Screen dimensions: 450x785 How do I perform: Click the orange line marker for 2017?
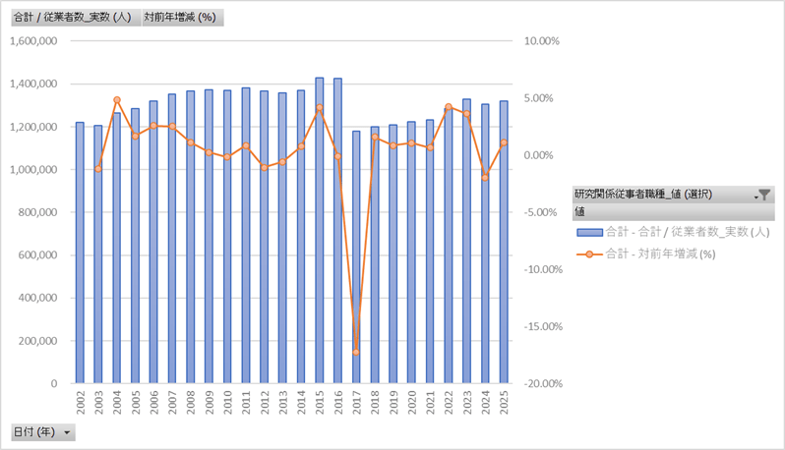pyautogui.click(x=356, y=352)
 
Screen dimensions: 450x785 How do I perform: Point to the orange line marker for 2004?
pyautogui.click(x=117, y=100)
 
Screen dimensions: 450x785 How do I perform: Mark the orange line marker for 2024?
pyautogui.click(x=485, y=177)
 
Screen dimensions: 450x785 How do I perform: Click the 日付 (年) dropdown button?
pyautogui.click(x=42, y=432)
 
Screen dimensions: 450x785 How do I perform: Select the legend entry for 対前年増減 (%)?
pyautogui.click(x=658, y=253)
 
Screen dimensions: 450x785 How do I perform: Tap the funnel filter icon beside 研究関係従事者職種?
pyautogui.click(x=764, y=196)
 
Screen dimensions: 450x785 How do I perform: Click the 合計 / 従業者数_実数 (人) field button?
pyautogui.click(x=73, y=17)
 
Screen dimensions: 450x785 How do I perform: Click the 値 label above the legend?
pyautogui.click(x=580, y=211)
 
